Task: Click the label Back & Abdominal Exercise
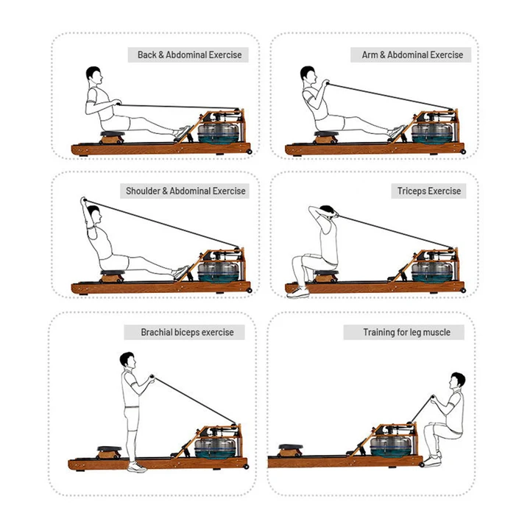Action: click(189, 55)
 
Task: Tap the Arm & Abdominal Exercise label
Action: click(412, 55)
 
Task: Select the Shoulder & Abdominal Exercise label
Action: click(185, 191)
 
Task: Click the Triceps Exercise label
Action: click(429, 191)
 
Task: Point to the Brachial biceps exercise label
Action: click(187, 332)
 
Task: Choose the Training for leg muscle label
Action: click(406, 332)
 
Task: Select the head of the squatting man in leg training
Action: click(458, 381)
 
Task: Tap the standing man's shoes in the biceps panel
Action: click(135, 467)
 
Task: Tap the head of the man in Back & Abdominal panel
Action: click(93, 75)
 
